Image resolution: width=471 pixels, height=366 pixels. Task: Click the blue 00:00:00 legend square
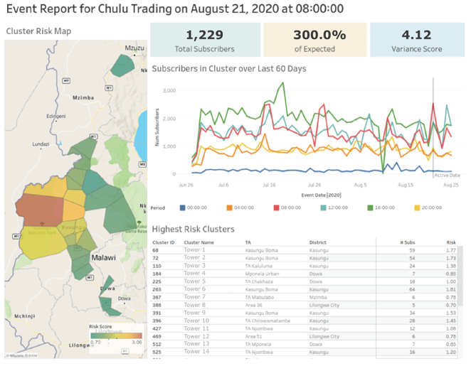coord(183,208)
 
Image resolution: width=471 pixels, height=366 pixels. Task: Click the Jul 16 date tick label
coord(268,183)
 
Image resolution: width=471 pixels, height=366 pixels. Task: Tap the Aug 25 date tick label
coord(451,183)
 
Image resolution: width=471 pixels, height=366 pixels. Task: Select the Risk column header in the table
coord(450,242)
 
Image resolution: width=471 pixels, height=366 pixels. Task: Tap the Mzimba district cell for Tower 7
coord(319,296)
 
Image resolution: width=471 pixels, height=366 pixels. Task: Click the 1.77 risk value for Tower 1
coord(449,250)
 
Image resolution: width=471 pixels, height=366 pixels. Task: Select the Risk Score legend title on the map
coord(101,326)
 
